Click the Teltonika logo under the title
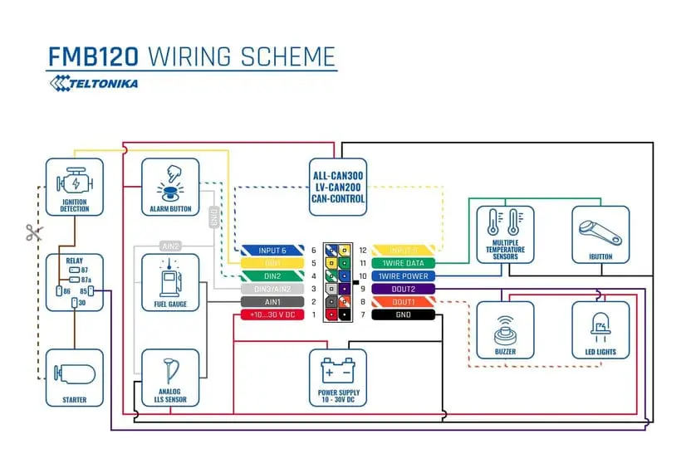[x=93, y=82]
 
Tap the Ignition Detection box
[x=75, y=188]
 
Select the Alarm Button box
[x=170, y=188]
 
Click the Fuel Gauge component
[x=170, y=282]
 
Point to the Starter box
[x=75, y=378]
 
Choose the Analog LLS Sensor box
[x=170, y=378]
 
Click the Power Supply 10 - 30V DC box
[x=338, y=378]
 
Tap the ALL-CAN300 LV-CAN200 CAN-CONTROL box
[x=338, y=187]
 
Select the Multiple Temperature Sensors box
[x=504, y=235]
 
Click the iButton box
[x=600, y=235]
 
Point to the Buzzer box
[x=504, y=329]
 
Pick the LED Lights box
[x=600, y=329]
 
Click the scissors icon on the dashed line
[x=33, y=233]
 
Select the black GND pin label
[x=403, y=315]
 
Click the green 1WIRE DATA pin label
[x=403, y=262]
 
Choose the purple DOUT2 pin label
[x=403, y=289]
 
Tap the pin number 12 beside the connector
[x=363, y=250]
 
